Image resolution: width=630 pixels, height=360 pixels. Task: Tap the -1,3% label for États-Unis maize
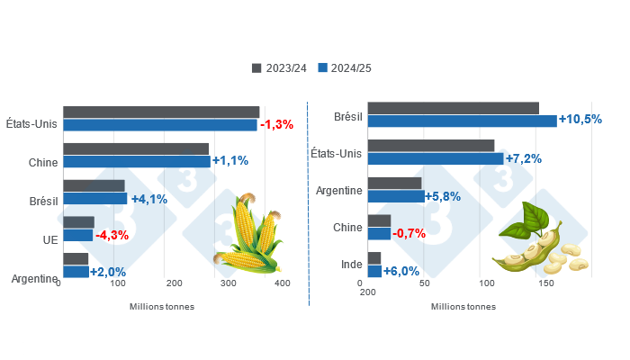(x=276, y=124)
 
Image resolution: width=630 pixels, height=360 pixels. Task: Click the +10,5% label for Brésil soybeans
(x=580, y=120)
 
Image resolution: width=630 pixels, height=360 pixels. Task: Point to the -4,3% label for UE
(x=112, y=236)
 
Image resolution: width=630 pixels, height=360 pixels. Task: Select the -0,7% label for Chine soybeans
(x=409, y=233)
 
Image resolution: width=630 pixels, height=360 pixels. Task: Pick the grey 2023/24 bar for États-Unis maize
(x=161, y=112)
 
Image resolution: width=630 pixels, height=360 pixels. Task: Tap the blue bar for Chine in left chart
(x=136, y=162)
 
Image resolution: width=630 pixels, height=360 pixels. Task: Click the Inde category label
(x=352, y=265)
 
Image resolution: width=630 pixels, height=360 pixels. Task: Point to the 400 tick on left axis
(x=283, y=283)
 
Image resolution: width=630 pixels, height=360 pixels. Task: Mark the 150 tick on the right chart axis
(x=545, y=283)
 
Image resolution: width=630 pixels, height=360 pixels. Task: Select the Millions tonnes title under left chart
(x=162, y=306)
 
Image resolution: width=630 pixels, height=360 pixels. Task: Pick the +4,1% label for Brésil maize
(x=148, y=199)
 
